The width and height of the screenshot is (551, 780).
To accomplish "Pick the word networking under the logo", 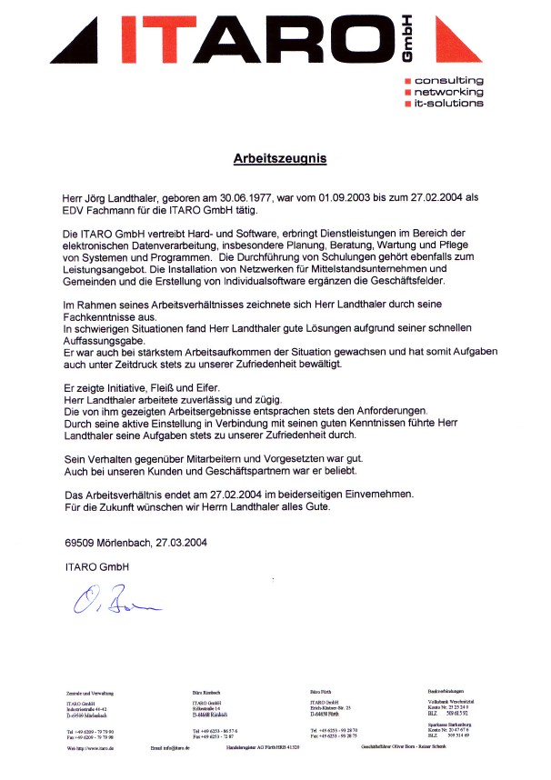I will tap(449, 92).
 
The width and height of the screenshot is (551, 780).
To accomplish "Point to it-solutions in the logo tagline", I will tap(449, 104).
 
